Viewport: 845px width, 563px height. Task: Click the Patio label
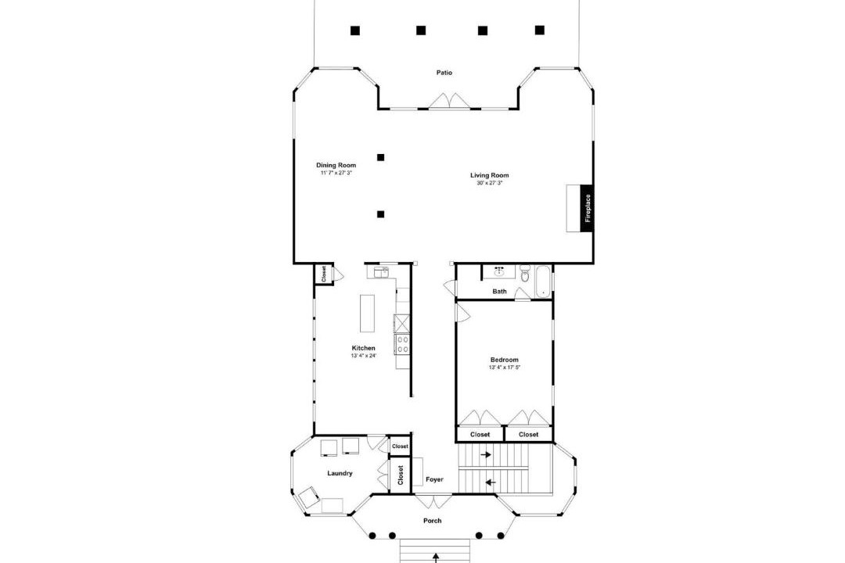pos(444,73)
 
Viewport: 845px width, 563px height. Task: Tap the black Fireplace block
pos(587,209)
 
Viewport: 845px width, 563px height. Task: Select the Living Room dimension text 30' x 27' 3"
pos(489,183)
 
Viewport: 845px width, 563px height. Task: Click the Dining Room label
pos(336,166)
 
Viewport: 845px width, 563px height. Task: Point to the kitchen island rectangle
pos(367,314)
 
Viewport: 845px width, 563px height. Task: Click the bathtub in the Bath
pos(542,281)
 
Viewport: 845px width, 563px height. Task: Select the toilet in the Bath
pos(525,274)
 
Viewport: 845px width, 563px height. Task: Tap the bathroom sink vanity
pos(499,271)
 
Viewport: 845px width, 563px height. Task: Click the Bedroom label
pos(505,360)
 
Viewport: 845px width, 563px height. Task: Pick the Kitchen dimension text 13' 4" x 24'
pos(363,356)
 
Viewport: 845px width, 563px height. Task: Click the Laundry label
pos(340,474)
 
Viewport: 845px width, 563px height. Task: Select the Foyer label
pos(434,479)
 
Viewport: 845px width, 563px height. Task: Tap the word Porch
pos(432,521)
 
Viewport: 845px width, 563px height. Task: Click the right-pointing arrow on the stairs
pos(486,455)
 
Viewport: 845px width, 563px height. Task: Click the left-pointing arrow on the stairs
pos(491,482)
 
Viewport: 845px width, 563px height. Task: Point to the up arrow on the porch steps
pos(436,558)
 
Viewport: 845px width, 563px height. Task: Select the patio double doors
pos(450,102)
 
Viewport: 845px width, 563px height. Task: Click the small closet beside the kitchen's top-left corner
pos(323,274)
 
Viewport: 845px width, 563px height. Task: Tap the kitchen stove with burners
pos(401,344)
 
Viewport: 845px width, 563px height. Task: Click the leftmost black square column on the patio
pos(354,30)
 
